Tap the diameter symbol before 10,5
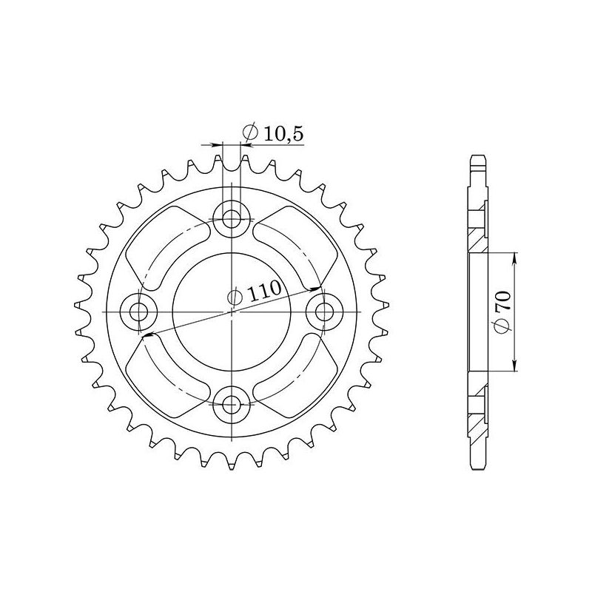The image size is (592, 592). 249,134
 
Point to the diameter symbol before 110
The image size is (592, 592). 235,298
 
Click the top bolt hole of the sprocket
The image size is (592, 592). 232,218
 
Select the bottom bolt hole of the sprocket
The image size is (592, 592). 232,403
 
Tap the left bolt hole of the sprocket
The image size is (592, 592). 139,312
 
